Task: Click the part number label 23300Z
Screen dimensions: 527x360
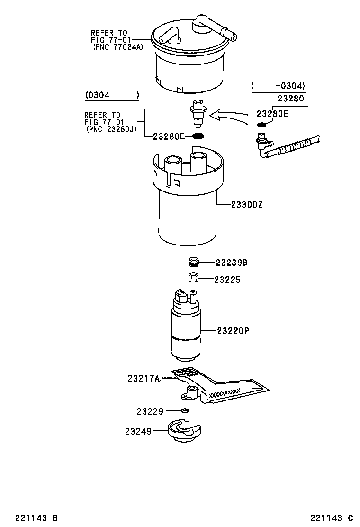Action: coord(246,205)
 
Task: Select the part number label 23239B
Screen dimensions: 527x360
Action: coord(232,263)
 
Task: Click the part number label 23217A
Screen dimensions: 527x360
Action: coord(144,378)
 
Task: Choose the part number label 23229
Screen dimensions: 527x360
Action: coord(150,412)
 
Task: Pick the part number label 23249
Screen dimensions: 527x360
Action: coord(138,431)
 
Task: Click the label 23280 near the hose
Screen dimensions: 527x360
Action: coord(291,99)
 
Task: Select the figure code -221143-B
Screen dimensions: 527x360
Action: coord(33,518)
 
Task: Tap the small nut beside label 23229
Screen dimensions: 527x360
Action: coord(185,411)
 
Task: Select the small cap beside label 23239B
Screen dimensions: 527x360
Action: coord(192,262)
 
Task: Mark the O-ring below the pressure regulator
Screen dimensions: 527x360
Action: coord(198,136)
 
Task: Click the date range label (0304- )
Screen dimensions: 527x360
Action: coord(112,95)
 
